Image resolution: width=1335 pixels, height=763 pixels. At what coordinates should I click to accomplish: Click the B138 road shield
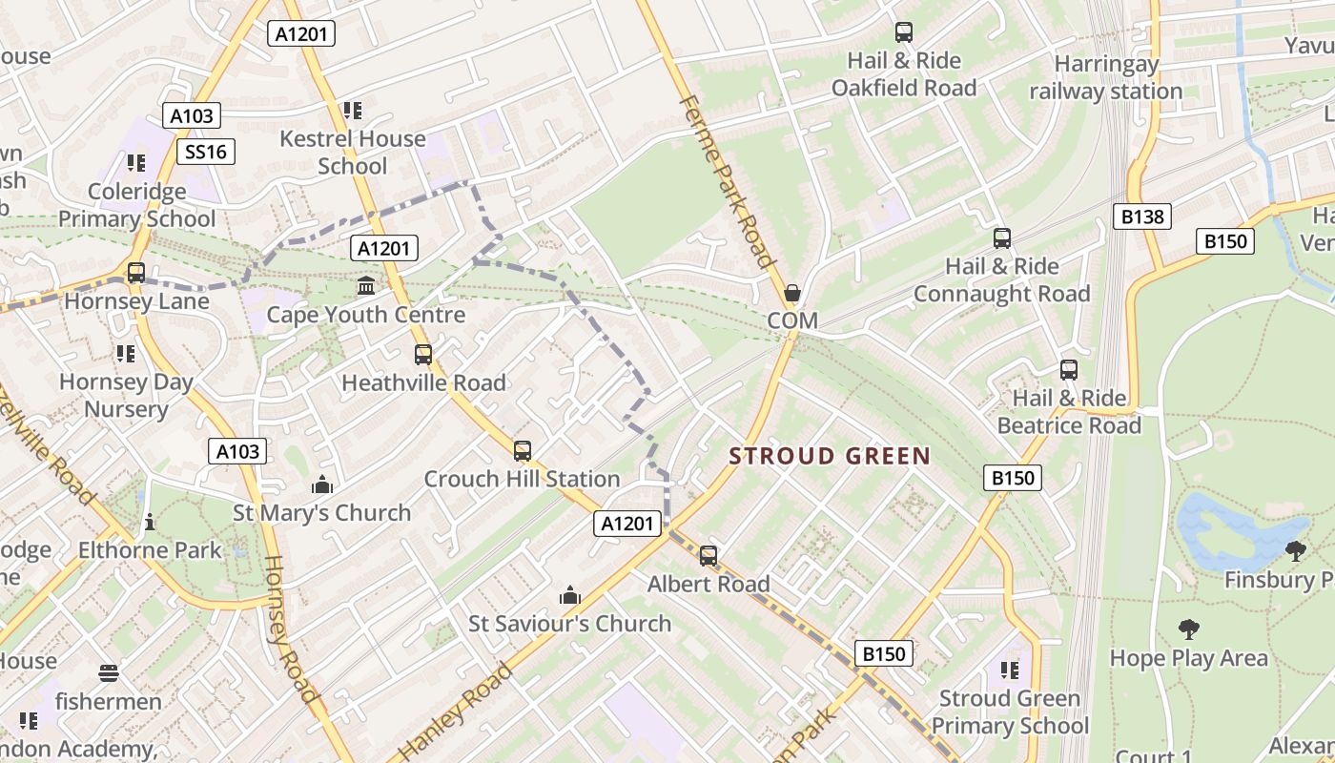1141,217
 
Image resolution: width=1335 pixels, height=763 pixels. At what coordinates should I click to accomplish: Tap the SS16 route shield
206,152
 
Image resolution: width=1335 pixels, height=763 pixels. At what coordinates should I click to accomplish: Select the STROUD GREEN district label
830,456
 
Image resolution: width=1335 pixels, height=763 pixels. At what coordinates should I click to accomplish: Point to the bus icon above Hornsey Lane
136,273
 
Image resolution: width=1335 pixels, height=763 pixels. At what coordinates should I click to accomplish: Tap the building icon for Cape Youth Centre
365,285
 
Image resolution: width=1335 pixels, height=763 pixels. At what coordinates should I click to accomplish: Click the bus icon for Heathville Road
423,355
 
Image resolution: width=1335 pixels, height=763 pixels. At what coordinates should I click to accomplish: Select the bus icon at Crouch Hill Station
522,450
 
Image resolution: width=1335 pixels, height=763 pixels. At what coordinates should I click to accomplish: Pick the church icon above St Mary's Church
322,485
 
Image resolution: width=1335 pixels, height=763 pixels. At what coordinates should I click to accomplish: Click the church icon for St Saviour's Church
570,596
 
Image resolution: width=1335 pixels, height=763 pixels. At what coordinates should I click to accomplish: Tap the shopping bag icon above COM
792,292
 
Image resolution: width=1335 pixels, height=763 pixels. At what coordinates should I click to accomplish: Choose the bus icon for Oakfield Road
903,32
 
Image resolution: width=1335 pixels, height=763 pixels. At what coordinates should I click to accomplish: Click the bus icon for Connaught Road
1001,237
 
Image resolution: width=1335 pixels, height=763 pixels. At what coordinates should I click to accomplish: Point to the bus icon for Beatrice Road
1069,370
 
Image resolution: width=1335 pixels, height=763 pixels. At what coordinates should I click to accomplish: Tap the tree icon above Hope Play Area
1188,629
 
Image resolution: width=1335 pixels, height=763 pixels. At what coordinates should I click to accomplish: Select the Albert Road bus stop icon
708,555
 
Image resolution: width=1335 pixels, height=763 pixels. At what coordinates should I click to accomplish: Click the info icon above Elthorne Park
149,522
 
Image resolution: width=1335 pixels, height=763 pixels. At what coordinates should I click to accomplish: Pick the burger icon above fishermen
109,673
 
